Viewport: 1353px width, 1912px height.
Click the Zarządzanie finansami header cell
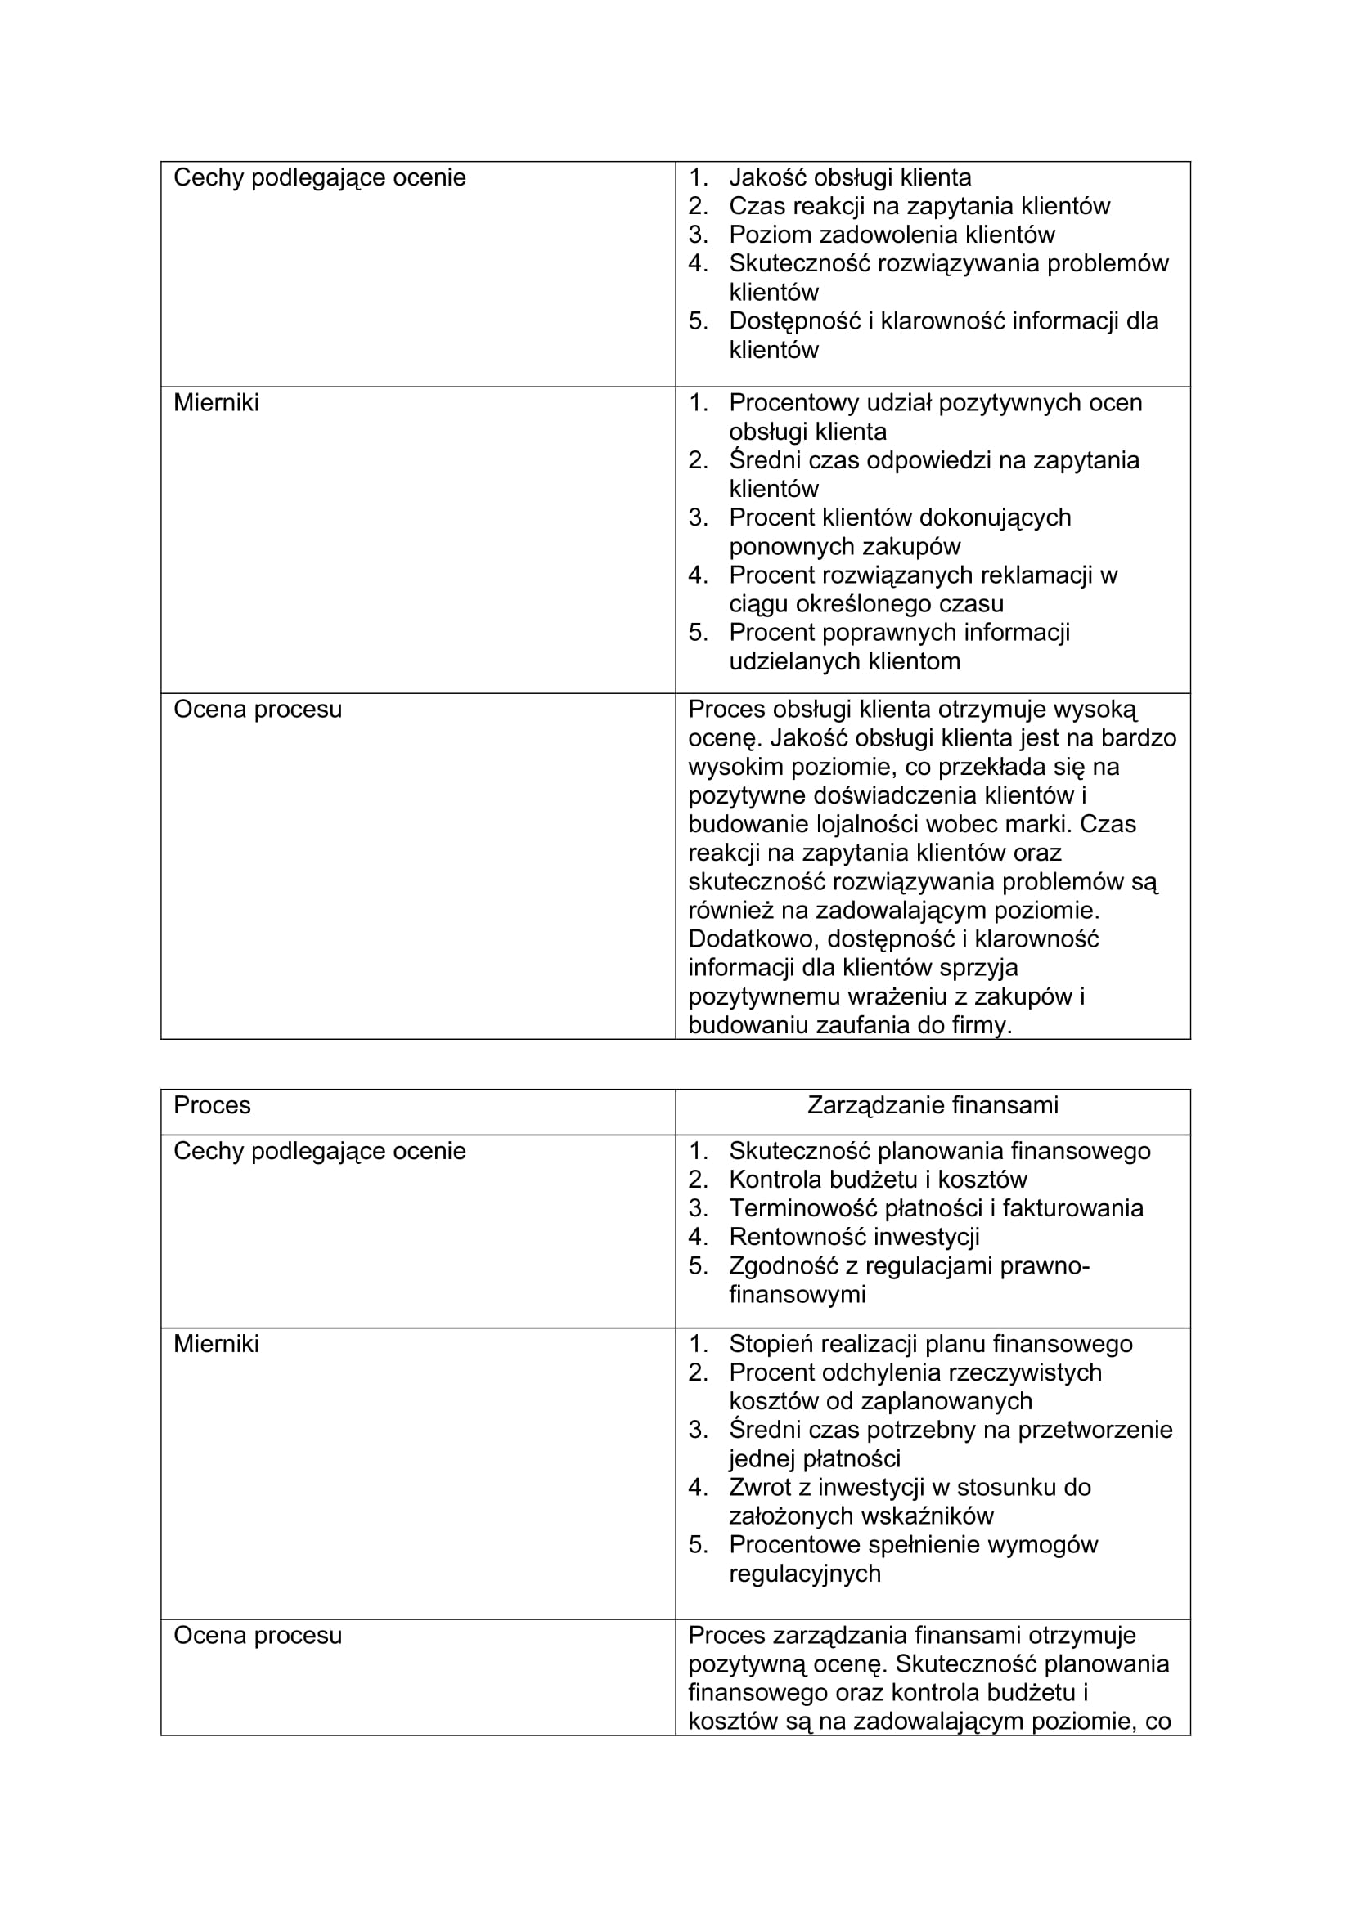[933, 1106]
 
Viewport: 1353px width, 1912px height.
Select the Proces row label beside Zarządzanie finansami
[212, 1106]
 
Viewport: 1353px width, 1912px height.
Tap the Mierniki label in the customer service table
[216, 403]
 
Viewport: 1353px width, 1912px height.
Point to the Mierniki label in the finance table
[216, 1344]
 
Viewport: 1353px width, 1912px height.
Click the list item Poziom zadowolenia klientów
[892, 235]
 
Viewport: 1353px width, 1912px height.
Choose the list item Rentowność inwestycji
[854, 1237]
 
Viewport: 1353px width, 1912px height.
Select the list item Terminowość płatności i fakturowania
[936, 1208]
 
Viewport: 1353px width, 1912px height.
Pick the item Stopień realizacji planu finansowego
[931, 1344]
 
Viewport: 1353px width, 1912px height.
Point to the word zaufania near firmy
[863, 1025]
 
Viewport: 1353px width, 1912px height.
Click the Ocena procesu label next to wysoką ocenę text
[258, 710]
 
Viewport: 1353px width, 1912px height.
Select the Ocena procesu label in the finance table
[258, 1636]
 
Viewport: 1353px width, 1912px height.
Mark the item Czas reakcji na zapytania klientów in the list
[919, 206]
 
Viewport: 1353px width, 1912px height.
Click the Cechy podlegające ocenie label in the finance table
[319, 1151]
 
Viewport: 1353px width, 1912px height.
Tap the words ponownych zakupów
[844, 547]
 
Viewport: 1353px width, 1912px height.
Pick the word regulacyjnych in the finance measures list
[804, 1574]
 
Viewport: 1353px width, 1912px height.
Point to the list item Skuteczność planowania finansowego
[939, 1151]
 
